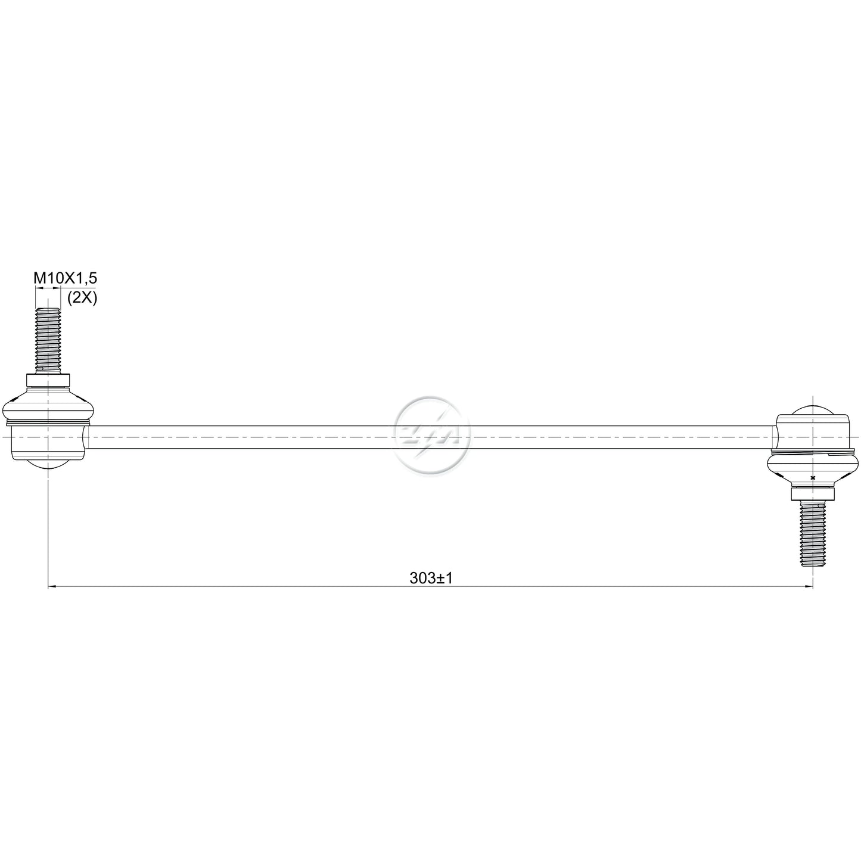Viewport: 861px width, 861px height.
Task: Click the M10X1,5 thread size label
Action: (x=65, y=278)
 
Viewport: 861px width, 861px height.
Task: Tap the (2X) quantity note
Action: (x=82, y=297)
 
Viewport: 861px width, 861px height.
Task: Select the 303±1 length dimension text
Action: (x=431, y=578)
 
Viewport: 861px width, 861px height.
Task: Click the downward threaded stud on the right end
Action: (x=813, y=533)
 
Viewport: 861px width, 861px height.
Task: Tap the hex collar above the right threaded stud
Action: (x=813, y=493)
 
